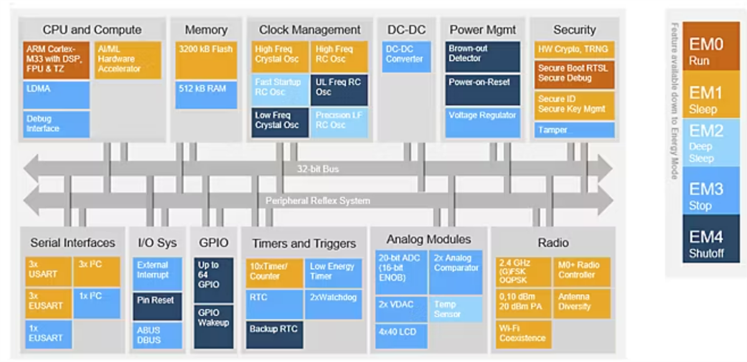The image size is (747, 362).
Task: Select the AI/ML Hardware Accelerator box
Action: pos(128,59)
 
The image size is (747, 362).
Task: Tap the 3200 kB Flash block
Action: pos(206,60)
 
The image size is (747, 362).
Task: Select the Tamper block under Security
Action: pos(575,130)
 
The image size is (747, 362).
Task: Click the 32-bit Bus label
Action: pos(318,169)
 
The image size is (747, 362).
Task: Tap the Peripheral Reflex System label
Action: pos(318,201)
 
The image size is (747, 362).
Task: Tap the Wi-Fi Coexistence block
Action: pos(523,333)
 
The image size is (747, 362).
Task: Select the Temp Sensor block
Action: pos(455,309)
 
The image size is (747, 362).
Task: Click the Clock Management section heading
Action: pos(309,30)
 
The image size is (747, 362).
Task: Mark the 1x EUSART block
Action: pos(49,334)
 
